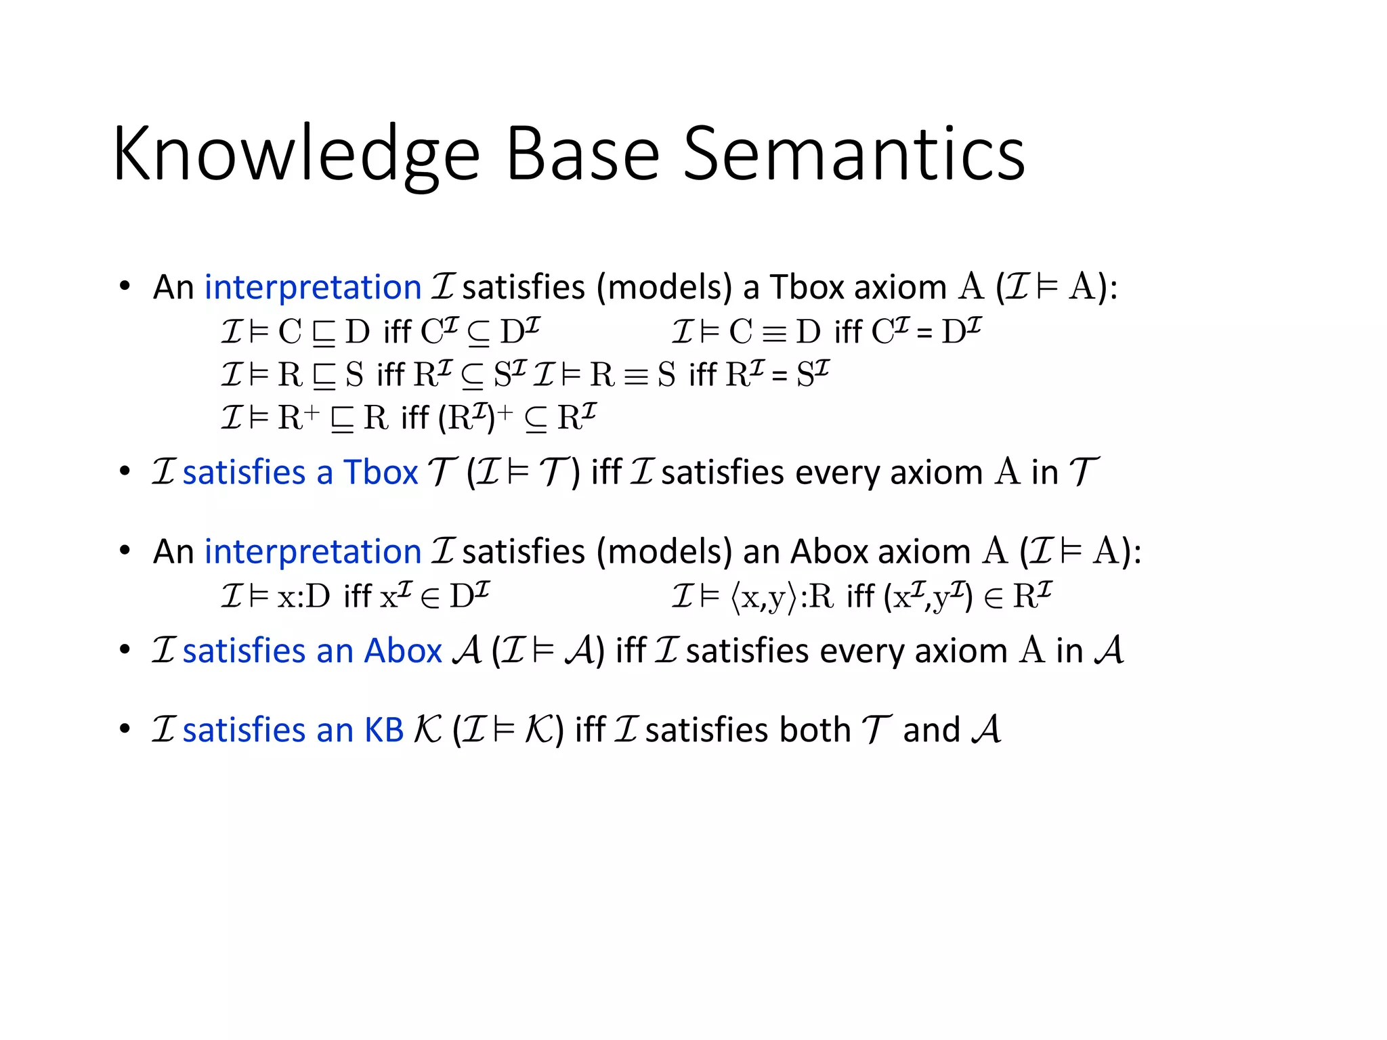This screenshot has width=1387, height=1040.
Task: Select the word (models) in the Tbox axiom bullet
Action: coord(664,287)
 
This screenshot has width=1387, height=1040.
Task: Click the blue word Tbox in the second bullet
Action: coord(381,472)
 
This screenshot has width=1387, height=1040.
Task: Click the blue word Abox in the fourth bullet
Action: coord(403,651)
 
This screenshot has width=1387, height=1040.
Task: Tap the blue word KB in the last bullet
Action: coord(384,730)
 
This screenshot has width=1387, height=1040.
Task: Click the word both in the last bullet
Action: coord(815,730)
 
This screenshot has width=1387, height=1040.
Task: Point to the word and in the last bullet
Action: coord(932,730)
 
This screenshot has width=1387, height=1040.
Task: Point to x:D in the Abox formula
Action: coord(303,597)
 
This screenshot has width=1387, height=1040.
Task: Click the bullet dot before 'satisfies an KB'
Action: coord(124,729)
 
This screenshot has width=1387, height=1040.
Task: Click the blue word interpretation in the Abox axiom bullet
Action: coord(313,551)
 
